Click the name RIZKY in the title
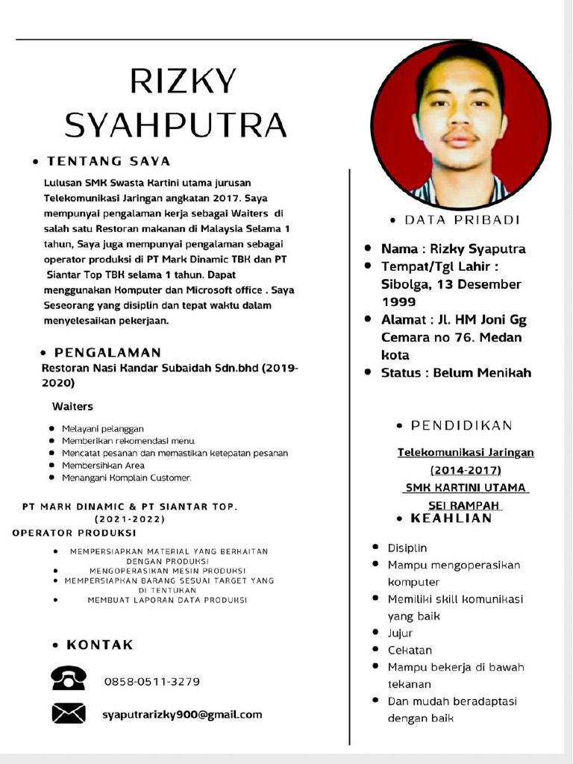click(x=183, y=81)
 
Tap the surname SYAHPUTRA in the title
click(x=176, y=125)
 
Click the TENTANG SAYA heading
click(x=109, y=161)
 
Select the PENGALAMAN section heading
click(x=107, y=352)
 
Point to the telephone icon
click(x=69, y=678)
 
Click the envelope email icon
click(x=69, y=714)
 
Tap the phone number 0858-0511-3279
click(x=151, y=682)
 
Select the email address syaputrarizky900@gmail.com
click(x=182, y=715)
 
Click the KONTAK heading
click(x=100, y=645)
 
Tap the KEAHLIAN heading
click(x=451, y=519)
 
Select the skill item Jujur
click(x=400, y=633)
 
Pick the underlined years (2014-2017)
click(x=466, y=470)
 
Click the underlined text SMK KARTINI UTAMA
click(x=466, y=488)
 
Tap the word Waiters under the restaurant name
click(x=72, y=407)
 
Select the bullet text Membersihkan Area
click(x=103, y=465)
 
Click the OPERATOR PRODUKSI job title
click(x=74, y=533)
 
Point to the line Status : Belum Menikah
click(x=456, y=372)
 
